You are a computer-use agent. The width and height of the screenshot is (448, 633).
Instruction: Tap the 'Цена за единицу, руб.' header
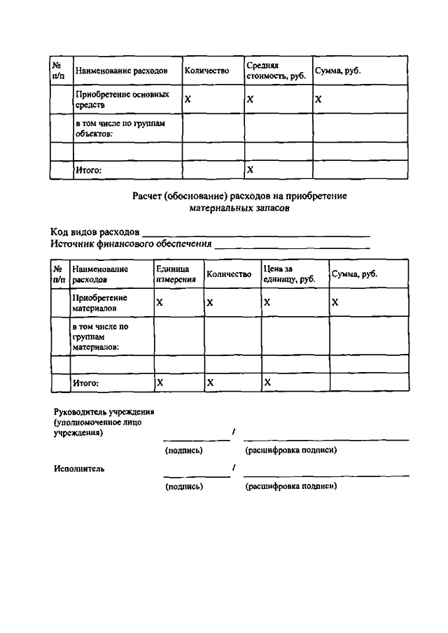(289, 274)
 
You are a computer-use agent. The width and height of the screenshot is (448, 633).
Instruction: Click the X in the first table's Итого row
(251, 170)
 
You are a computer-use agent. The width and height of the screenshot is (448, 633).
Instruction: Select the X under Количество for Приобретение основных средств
(188, 99)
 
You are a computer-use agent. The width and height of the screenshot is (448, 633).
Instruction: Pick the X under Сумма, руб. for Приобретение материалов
(335, 302)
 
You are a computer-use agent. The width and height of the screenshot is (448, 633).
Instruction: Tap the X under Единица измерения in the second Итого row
(160, 383)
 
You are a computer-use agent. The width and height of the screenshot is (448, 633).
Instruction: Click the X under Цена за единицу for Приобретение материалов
(267, 302)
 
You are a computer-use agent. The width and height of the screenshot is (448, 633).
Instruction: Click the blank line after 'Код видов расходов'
(255, 234)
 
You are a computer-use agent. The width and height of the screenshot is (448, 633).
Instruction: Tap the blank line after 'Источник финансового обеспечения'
(292, 246)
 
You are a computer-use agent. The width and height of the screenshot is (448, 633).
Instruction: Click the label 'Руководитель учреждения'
(104, 413)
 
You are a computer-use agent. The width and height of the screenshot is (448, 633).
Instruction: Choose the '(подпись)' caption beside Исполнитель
(184, 486)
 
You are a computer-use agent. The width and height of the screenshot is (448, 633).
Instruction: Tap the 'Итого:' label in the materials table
(86, 383)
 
